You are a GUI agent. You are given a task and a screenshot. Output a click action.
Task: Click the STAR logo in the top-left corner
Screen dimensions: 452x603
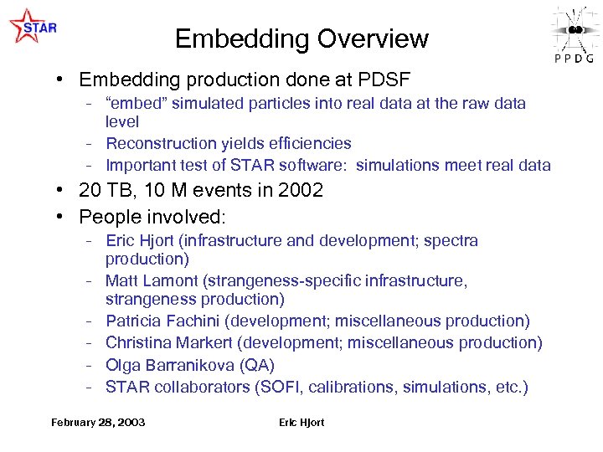(x=33, y=26)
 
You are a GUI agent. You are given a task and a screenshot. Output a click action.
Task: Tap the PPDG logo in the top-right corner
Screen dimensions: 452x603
(x=574, y=33)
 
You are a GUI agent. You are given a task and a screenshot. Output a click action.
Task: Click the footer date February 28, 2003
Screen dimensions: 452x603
(x=98, y=423)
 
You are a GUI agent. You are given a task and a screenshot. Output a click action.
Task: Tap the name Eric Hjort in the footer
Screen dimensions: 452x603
(x=301, y=423)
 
